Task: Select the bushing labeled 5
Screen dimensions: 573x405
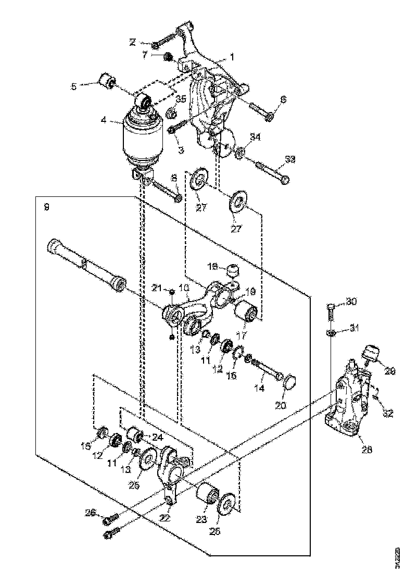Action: tap(107, 81)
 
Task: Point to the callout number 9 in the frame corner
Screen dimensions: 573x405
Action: tap(47, 207)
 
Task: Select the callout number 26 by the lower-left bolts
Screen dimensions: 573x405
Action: tap(91, 513)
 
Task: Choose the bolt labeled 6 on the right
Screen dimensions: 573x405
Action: tap(260, 110)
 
